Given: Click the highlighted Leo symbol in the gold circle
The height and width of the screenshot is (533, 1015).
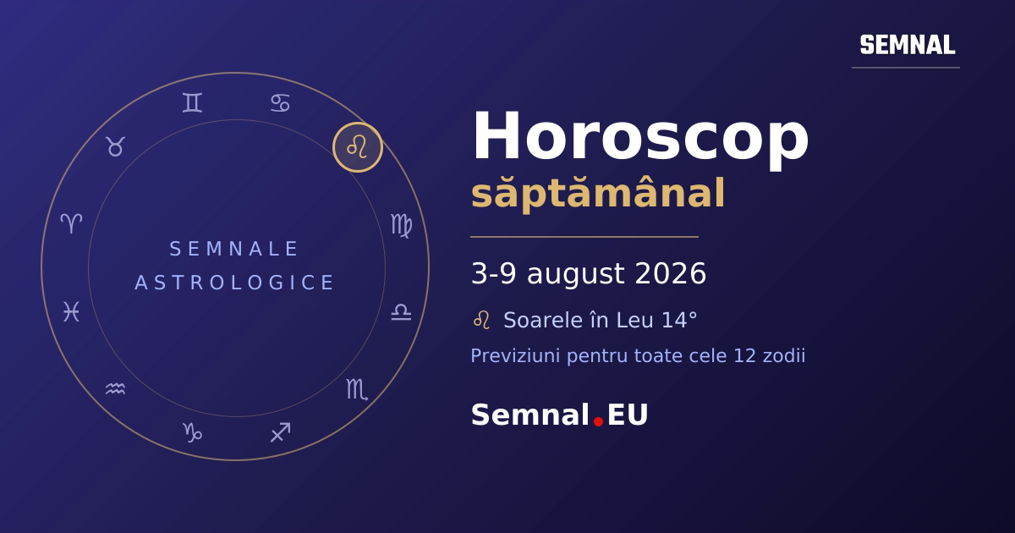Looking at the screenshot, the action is click(x=357, y=147).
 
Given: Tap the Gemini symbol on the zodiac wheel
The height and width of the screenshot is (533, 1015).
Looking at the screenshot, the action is click(x=192, y=102).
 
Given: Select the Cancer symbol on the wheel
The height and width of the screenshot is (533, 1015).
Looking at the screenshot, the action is click(x=281, y=103).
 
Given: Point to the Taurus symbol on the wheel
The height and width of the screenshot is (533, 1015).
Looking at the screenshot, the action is click(x=115, y=146).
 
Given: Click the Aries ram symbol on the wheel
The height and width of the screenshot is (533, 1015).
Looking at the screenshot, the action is click(x=71, y=223).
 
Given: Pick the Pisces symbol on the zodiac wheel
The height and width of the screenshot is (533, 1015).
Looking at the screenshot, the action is click(x=71, y=311).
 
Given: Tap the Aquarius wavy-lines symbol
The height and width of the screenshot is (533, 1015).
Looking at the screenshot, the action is click(x=115, y=388).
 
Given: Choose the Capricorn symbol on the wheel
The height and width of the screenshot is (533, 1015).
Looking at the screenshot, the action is click(x=192, y=432).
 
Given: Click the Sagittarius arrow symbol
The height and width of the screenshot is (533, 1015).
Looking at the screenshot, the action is click(x=281, y=432).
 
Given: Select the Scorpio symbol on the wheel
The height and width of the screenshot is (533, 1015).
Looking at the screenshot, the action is click(x=357, y=389).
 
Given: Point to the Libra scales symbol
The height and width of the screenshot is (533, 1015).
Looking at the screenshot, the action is click(x=401, y=312).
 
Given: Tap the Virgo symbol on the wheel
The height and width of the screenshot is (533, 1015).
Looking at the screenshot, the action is click(x=402, y=226).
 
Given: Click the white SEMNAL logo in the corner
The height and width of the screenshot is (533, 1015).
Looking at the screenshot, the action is click(x=908, y=45).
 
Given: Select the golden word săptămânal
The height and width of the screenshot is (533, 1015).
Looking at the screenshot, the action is click(x=598, y=193).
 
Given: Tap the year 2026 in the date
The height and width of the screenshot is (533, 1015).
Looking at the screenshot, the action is click(x=671, y=273).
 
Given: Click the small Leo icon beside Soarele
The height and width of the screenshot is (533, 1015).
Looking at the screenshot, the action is click(x=481, y=320).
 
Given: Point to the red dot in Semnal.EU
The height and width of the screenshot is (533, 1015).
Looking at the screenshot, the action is click(x=598, y=421).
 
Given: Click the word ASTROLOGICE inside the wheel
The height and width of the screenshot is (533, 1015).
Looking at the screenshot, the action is click(x=234, y=283).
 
